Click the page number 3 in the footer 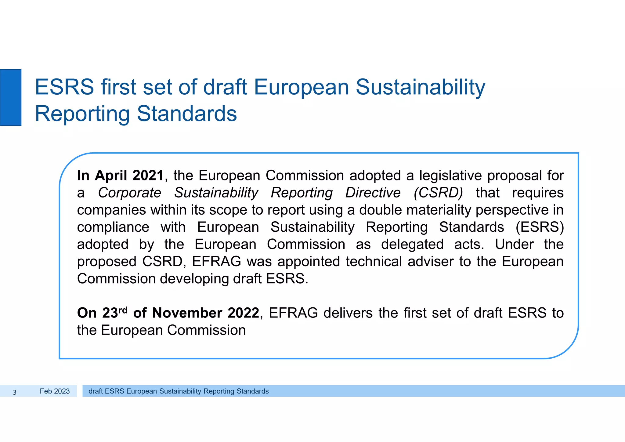[x=15, y=392]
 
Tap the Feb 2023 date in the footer [x=55, y=391]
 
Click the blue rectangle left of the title [x=11, y=97]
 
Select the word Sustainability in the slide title [x=420, y=87]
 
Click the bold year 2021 [x=148, y=176]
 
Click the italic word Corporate [x=129, y=193]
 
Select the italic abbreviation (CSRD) [x=438, y=193]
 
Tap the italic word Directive [x=373, y=193]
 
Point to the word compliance [x=113, y=227]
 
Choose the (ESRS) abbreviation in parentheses [x=540, y=227]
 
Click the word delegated [x=412, y=244]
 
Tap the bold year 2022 [x=243, y=313]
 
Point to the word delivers [x=348, y=313]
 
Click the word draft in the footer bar [x=96, y=391]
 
